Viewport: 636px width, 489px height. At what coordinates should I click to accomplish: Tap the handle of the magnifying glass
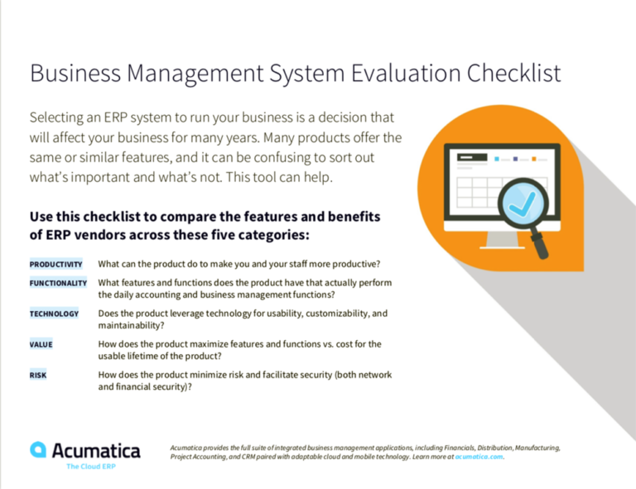point(552,245)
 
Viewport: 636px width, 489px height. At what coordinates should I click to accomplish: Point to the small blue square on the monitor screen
point(496,157)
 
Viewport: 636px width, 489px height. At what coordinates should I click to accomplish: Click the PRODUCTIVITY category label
point(56,265)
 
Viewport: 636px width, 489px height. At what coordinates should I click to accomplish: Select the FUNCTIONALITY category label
point(58,283)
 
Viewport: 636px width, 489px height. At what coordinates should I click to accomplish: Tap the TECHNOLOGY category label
point(55,314)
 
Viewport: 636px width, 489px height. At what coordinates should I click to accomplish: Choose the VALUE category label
point(41,344)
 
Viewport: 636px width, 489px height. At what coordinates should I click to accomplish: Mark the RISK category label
point(38,375)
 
